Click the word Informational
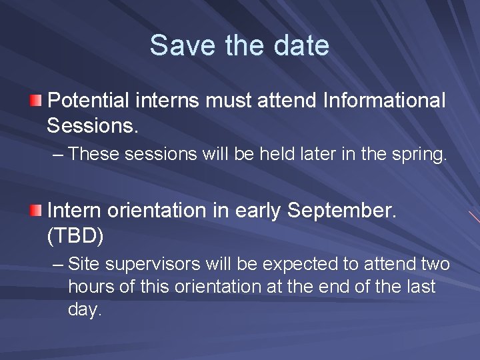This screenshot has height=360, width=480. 384,101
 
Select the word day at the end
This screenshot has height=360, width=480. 84,310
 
